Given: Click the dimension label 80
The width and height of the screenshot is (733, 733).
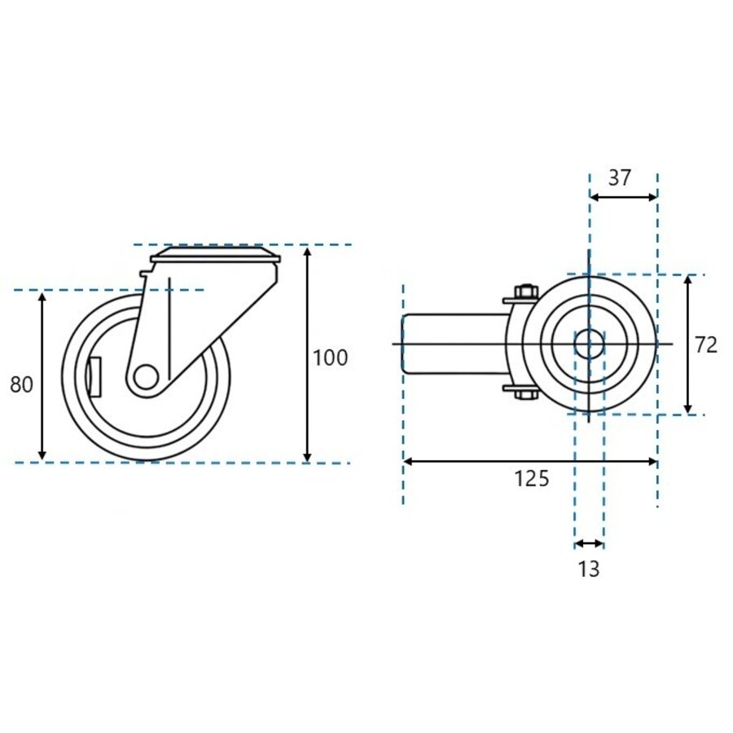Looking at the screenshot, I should (x=22, y=384).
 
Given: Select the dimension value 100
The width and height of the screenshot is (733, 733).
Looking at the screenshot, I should (x=330, y=358).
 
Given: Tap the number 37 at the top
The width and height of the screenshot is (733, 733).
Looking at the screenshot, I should (x=620, y=178).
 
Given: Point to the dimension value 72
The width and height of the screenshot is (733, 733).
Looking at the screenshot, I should (x=706, y=345).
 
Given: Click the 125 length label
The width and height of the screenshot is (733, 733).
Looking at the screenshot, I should (x=531, y=479).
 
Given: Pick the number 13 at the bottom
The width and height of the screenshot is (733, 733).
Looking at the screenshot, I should (x=588, y=569).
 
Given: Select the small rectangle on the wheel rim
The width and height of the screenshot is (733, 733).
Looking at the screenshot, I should (x=94, y=376).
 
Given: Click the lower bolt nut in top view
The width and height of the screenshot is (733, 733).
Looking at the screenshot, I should (x=525, y=395).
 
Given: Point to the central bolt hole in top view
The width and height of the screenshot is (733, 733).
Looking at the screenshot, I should (x=588, y=344).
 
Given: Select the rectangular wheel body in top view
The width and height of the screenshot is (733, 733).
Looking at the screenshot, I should (x=453, y=344).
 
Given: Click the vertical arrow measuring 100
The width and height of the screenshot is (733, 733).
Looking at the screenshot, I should (x=307, y=354).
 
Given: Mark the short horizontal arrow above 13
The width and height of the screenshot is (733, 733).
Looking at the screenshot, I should (x=589, y=544).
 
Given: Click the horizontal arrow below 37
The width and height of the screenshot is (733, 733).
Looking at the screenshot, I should (x=623, y=196).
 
